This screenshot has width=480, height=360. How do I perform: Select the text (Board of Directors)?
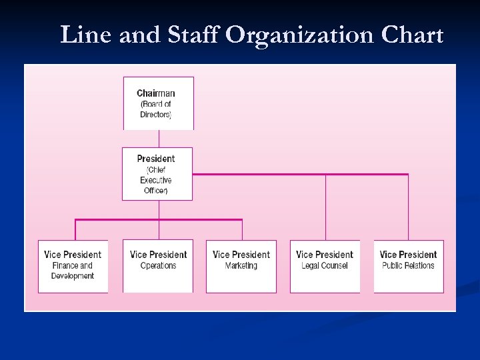156,109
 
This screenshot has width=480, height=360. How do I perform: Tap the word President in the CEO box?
156,159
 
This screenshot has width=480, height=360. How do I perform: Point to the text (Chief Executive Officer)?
156,180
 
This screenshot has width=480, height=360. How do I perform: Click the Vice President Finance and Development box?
73,266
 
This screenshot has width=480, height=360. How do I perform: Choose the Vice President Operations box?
158,266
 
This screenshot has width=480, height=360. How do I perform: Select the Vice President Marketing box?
241,266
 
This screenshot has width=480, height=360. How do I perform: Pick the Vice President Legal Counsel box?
325,266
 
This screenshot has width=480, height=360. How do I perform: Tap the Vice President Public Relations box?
408,266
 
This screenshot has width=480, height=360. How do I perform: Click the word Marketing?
241,266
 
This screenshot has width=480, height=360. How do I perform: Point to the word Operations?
158,266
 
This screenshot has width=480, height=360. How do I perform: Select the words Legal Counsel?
325,266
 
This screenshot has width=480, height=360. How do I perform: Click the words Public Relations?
408,266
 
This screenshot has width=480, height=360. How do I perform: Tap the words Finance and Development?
73,271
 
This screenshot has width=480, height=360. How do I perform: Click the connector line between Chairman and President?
159,139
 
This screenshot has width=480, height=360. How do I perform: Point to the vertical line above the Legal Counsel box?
325,207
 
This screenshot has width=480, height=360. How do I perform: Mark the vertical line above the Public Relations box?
408,207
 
